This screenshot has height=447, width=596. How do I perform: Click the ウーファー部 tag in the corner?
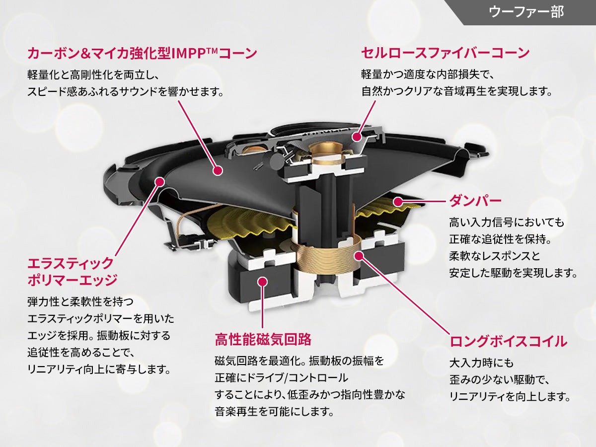point(526,12)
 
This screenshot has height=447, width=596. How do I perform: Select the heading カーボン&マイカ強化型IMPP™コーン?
point(142,53)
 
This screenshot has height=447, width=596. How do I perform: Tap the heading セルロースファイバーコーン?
point(445,53)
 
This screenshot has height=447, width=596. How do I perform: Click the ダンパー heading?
point(475,201)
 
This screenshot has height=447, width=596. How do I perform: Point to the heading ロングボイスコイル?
point(508,341)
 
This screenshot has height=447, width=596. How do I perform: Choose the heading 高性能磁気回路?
point(263,340)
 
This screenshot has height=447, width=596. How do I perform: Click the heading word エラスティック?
point(70,263)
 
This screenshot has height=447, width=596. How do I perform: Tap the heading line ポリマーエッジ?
point(73,280)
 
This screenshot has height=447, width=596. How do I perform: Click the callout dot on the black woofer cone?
point(217,170)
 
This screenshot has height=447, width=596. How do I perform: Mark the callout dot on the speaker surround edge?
point(159,182)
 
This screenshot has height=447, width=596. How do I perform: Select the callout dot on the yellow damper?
point(397,201)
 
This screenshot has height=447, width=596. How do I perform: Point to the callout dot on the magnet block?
point(263,282)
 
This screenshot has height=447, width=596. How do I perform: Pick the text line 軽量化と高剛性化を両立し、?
point(92,75)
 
